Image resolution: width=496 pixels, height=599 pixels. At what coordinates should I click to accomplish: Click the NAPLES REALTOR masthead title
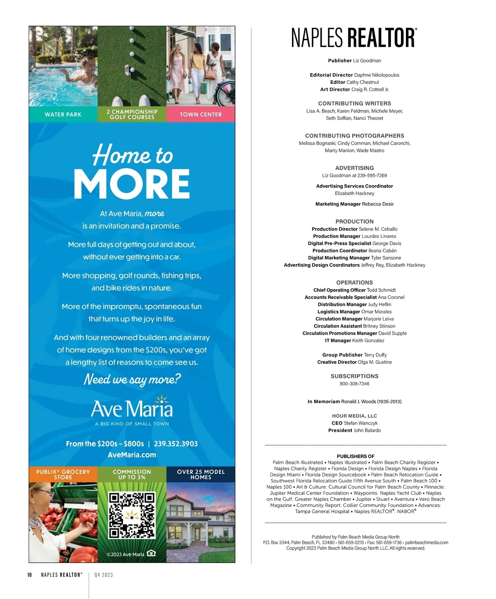[x=354, y=38]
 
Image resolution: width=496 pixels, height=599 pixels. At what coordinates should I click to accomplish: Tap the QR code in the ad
[x=132, y=516]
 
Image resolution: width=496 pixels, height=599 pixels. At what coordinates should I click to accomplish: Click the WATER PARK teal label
[x=63, y=114]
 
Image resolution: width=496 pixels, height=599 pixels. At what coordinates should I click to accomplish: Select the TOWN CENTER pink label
[x=201, y=114]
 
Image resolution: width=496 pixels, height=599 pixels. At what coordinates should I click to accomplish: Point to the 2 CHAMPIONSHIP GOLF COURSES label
[x=132, y=114]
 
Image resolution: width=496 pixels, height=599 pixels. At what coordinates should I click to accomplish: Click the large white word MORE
[x=132, y=184]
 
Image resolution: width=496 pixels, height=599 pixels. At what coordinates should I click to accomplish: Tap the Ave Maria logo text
[x=132, y=409]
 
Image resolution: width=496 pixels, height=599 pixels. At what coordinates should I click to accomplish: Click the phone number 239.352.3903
[x=176, y=444]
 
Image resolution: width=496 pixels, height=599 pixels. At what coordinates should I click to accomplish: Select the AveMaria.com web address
[x=132, y=455]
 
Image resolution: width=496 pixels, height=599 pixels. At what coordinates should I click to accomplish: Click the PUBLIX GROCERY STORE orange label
[x=63, y=474]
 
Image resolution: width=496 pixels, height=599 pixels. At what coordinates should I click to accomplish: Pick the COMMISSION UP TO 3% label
[x=132, y=474]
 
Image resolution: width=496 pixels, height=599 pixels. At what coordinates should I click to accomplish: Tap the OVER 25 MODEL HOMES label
[x=201, y=474]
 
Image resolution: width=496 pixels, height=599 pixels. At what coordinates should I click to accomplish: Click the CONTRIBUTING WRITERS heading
[x=354, y=103]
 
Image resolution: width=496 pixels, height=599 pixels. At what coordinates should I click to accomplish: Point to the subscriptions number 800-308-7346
[x=354, y=384]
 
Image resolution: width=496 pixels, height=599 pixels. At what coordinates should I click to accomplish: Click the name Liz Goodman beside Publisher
[x=367, y=61]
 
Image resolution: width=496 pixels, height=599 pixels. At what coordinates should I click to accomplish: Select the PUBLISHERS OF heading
[x=355, y=456]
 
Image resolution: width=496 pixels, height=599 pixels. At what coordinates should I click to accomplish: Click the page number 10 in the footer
[x=29, y=575]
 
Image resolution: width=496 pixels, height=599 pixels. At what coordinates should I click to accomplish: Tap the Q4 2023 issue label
[x=103, y=575]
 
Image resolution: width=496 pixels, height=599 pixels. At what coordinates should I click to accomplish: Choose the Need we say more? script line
[x=132, y=379]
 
